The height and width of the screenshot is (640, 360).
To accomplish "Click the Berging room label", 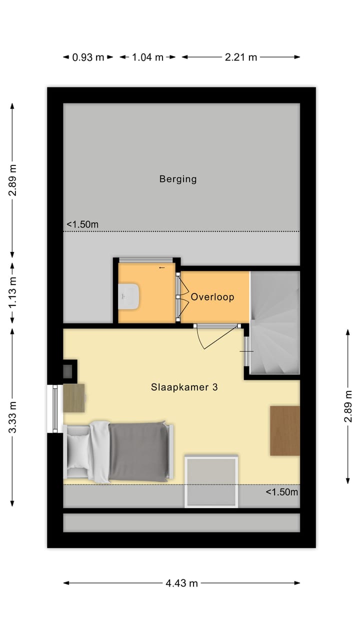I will [x=178, y=178].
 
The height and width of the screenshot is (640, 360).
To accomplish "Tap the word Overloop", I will [x=212, y=297].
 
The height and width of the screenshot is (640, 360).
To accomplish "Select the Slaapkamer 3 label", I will [x=184, y=387].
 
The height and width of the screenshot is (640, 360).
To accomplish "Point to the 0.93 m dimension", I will [x=88, y=57].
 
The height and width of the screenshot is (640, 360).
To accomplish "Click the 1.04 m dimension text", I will [x=147, y=57].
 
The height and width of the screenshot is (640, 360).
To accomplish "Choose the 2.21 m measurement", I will [x=240, y=57].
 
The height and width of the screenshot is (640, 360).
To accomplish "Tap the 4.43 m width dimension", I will [x=181, y=583].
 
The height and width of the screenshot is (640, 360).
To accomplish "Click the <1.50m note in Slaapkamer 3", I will [x=281, y=492].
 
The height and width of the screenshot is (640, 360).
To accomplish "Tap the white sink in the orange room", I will [x=129, y=296].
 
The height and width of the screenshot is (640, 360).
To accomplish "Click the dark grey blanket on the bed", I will [x=138, y=451].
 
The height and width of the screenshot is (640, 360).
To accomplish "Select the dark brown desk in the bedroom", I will [x=284, y=430].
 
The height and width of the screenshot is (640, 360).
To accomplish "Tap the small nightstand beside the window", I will [x=74, y=398].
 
